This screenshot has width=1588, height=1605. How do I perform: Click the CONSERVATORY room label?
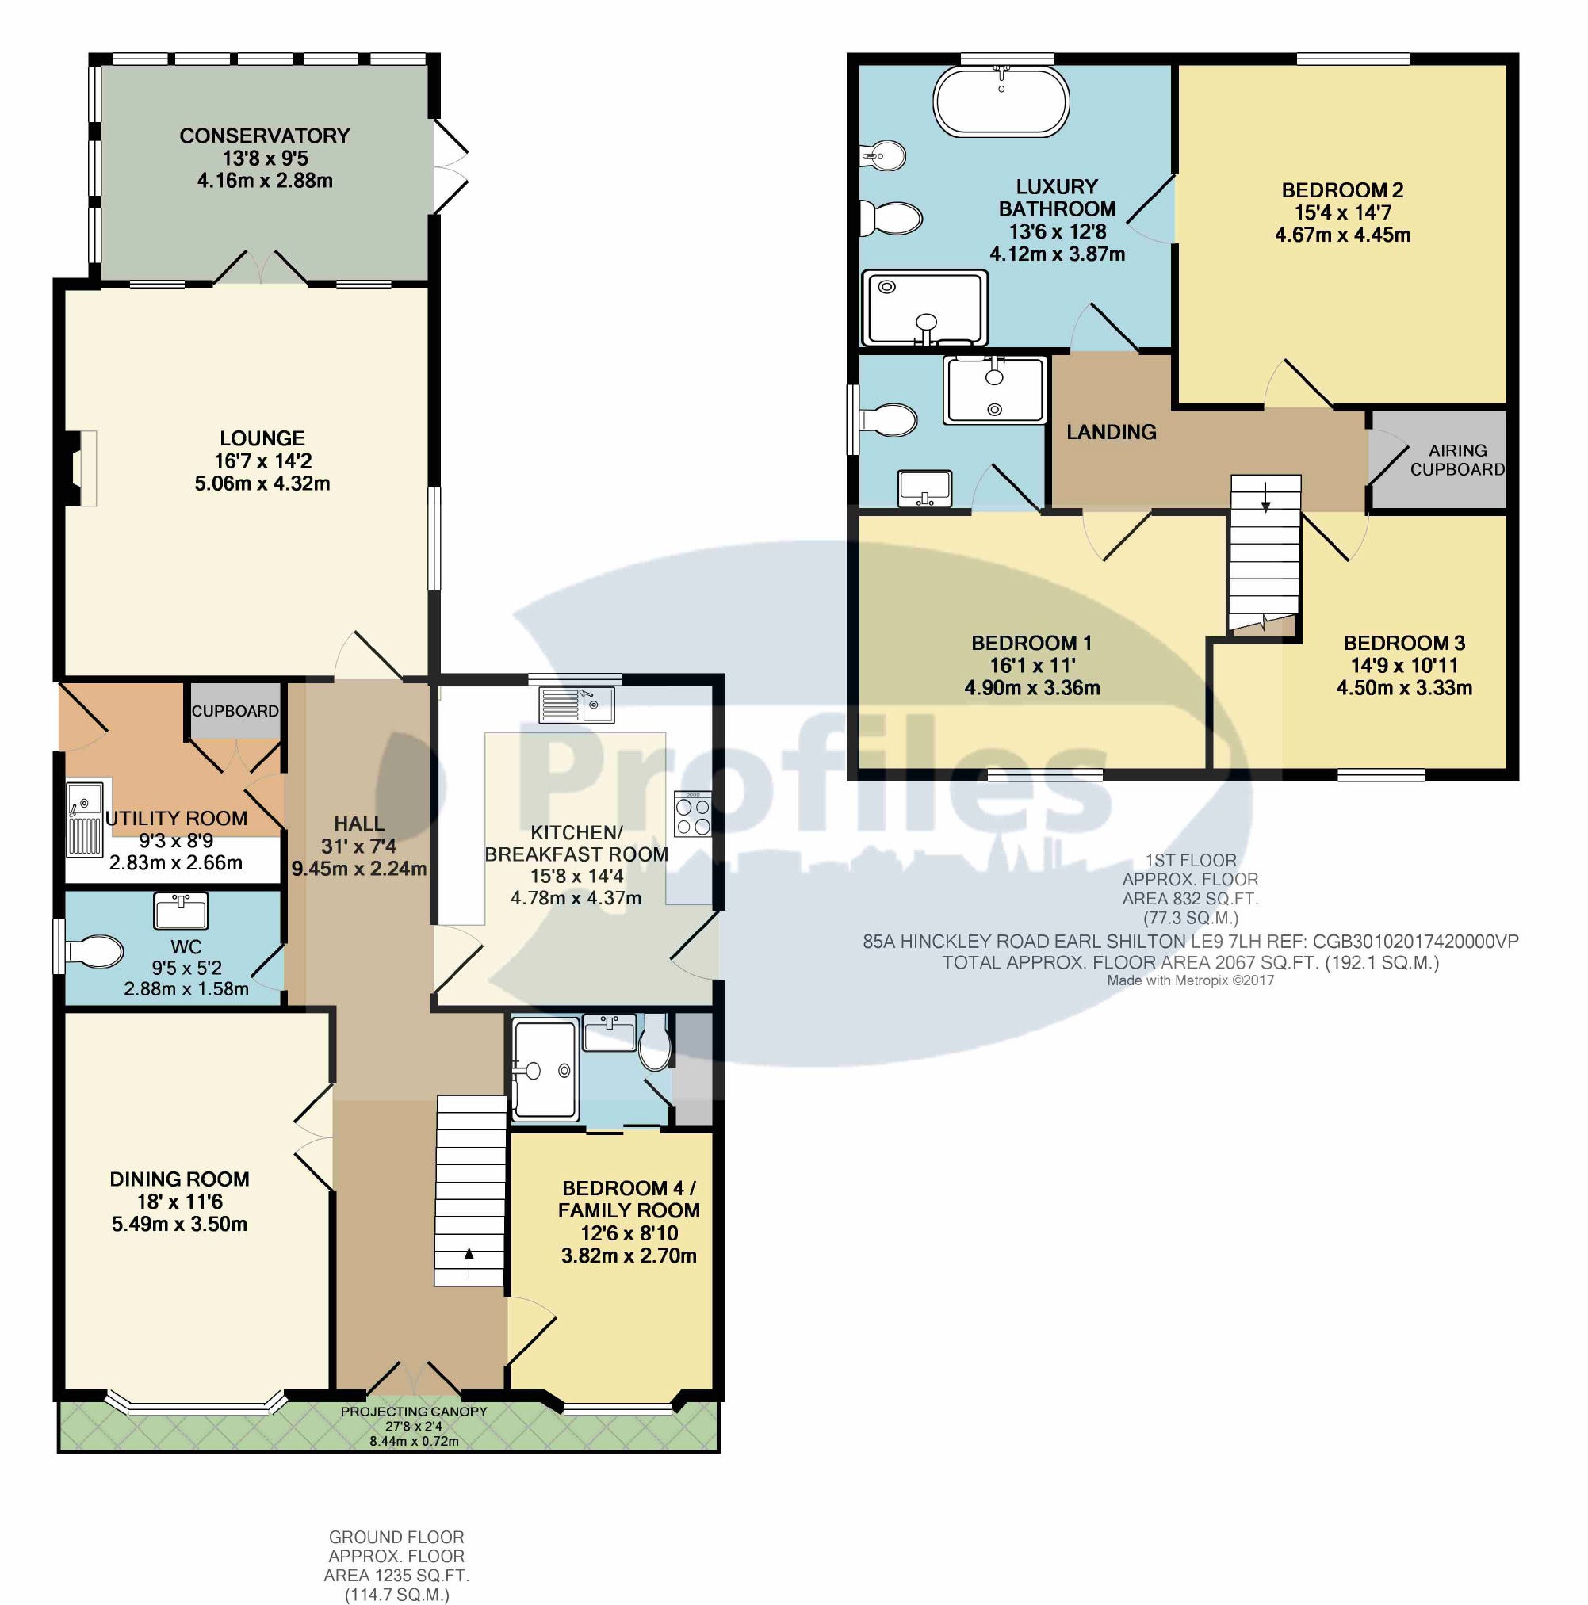click(x=264, y=136)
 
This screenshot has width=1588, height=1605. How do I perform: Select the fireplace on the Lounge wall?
click(x=83, y=468)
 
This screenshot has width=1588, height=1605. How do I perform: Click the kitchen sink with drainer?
click(x=576, y=705)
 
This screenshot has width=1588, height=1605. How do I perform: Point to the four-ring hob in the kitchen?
click(x=693, y=814)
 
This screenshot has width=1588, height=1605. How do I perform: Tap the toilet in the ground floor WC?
click(x=94, y=951)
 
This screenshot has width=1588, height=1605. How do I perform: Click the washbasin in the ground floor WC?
click(x=181, y=911)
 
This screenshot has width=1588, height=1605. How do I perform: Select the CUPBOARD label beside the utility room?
click(x=235, y=711)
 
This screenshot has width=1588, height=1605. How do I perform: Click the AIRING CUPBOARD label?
click(x=1457, y=460)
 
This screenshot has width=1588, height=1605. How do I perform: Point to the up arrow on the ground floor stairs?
click(x=469, y=1263)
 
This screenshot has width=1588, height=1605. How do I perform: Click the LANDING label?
click(x=1111, y=432)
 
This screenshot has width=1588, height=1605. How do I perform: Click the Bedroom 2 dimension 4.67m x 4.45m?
click(x=1343, y=235)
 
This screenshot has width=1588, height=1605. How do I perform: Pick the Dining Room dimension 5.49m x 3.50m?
click(x=179, y=1224)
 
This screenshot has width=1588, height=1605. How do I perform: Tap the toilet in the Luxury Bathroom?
click(x=890, y=220)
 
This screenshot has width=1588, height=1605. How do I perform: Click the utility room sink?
click(x=85, y=818)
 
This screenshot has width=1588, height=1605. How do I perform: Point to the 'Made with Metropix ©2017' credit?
click(x=1190, y=980)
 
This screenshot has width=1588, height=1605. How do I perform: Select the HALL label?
click(x=359, y=824)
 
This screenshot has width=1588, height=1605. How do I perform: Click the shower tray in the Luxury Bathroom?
click(x=925, y=308)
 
